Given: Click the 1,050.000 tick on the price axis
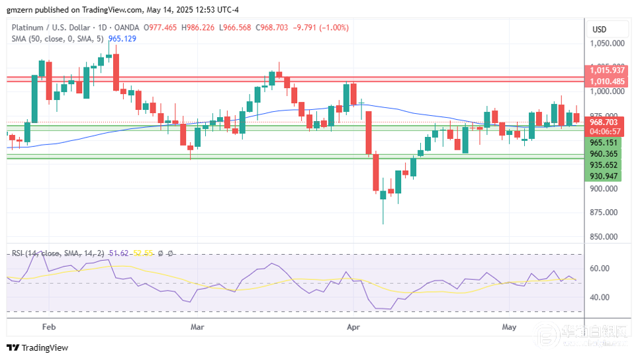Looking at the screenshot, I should (607, 44).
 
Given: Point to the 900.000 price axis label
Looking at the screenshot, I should (604, 189).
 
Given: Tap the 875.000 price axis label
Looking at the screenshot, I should (604, 212).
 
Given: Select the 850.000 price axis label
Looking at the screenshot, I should (604, 237).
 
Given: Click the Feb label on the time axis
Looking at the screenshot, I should (48, 327).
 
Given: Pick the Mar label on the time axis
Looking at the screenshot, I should (197, 327).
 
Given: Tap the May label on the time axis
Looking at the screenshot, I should (509, 327).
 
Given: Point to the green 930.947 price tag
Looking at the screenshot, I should (604, 176).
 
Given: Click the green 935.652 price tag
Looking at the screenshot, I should (604, 165).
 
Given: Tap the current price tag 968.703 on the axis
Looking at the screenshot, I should (604, 122).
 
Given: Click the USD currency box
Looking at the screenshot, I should (600, 30).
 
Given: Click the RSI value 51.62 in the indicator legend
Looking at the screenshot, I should (118, 253).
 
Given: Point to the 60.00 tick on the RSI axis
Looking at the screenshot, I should (600, 269).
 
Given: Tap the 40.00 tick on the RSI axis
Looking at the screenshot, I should (600, 297).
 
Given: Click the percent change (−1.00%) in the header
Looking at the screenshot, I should (334, 28).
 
